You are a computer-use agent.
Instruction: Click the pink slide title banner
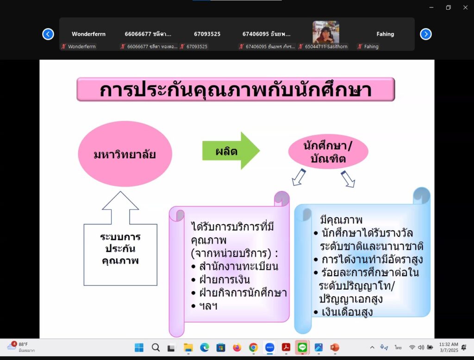pyautogui.click(x=236, y=89)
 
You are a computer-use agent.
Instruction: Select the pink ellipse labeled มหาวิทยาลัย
pyautogui.click(x=125, y=154)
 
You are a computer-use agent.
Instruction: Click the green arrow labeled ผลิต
pyautogui.click(x=231, y=151)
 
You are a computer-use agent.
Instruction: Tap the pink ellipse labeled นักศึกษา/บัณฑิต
pyautogui.click(x=328, y=152)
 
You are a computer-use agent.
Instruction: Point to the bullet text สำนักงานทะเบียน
pyautogui.click(x=238, y=266)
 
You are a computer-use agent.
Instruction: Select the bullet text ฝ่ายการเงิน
pyautogui.click(x=225, y=279)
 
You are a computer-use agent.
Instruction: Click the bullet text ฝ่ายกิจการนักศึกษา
pyautogui.click(x=243, y=293)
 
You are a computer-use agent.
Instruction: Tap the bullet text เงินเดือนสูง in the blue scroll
pyautogui.click(x=347, y=312)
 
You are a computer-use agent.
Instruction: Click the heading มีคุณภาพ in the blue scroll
pyautogui.click(x=341, y=220)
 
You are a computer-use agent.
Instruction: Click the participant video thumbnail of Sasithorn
pyautogui.click(x=326, y=32)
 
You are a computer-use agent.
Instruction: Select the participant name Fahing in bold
pyautogui.click(x=385, y=34)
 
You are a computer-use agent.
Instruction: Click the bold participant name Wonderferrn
pyautogui.click(x=88, y=34)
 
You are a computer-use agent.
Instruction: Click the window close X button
pyautogui.click(x=465, y=7)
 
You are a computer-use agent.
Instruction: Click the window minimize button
pyautogui.click(x=431, y=7)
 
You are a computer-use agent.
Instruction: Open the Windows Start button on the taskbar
pyautogui.click(x=139, y=347)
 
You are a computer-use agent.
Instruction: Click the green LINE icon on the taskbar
pyautogui.click(x=302, y=347)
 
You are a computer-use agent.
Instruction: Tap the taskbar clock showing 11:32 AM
pyautogui.click(x=449, y=347)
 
